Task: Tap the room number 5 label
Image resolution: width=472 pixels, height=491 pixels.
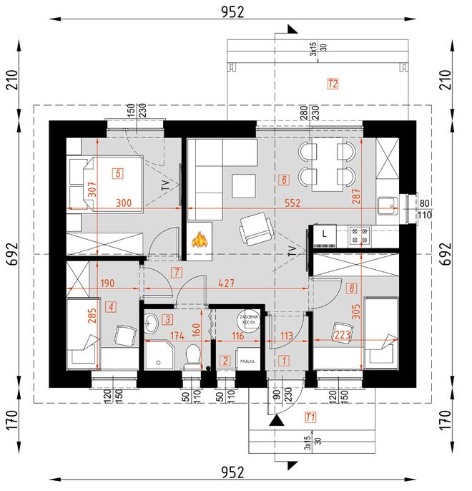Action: click(x=117, y=172)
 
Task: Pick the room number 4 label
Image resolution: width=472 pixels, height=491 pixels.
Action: click(x=110, y=307)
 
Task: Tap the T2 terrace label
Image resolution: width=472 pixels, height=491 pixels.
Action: click(x=331, y=84)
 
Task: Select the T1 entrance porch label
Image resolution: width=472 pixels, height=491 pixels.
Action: click(x=310, y=417)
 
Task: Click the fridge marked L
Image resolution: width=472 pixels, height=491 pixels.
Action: click(x=324, y=234)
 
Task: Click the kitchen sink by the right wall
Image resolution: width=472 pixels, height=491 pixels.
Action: click(x=390, y=206)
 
